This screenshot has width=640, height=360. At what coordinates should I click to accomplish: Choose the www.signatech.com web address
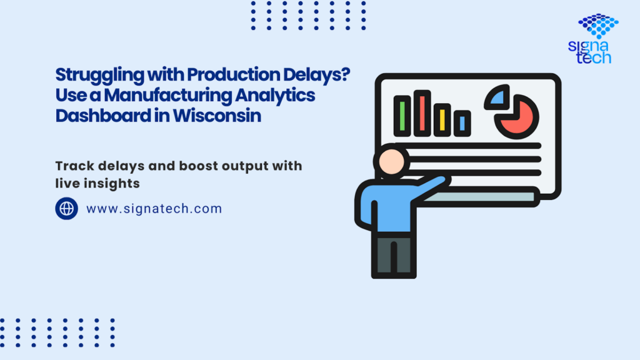click(x=154, y=209)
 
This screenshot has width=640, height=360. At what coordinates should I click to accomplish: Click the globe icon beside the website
click(x=67, y=208)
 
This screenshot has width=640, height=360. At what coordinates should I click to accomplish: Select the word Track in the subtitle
click(x=72, y=166)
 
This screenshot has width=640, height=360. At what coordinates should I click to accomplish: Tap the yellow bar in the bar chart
click(x=442, y=119)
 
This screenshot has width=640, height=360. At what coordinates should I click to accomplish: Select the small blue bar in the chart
click(x=462, y=122)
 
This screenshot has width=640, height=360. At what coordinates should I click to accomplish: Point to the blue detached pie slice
click(x=497, y=97)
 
